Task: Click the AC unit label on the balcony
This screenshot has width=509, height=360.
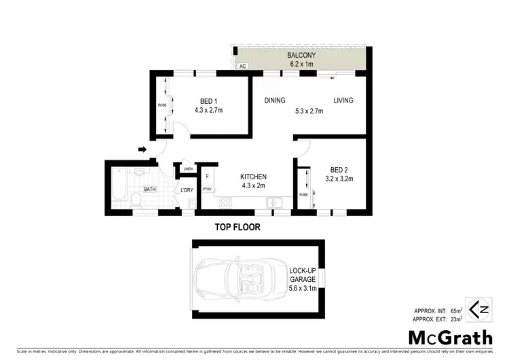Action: pos(242,67)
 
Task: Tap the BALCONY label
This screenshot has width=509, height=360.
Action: pos(299,54)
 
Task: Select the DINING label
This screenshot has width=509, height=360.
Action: pos(274,101)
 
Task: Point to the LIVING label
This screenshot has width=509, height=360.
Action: pos(343,101)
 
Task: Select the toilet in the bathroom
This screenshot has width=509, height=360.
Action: pos(135,198)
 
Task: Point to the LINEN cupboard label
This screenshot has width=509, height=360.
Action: pos(188,169)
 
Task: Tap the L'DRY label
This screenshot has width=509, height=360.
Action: pos(187,191)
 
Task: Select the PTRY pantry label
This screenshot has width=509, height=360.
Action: pos(208,190)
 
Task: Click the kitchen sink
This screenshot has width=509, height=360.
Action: pos(274,202)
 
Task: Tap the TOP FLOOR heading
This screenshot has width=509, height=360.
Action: pos(238,227)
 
